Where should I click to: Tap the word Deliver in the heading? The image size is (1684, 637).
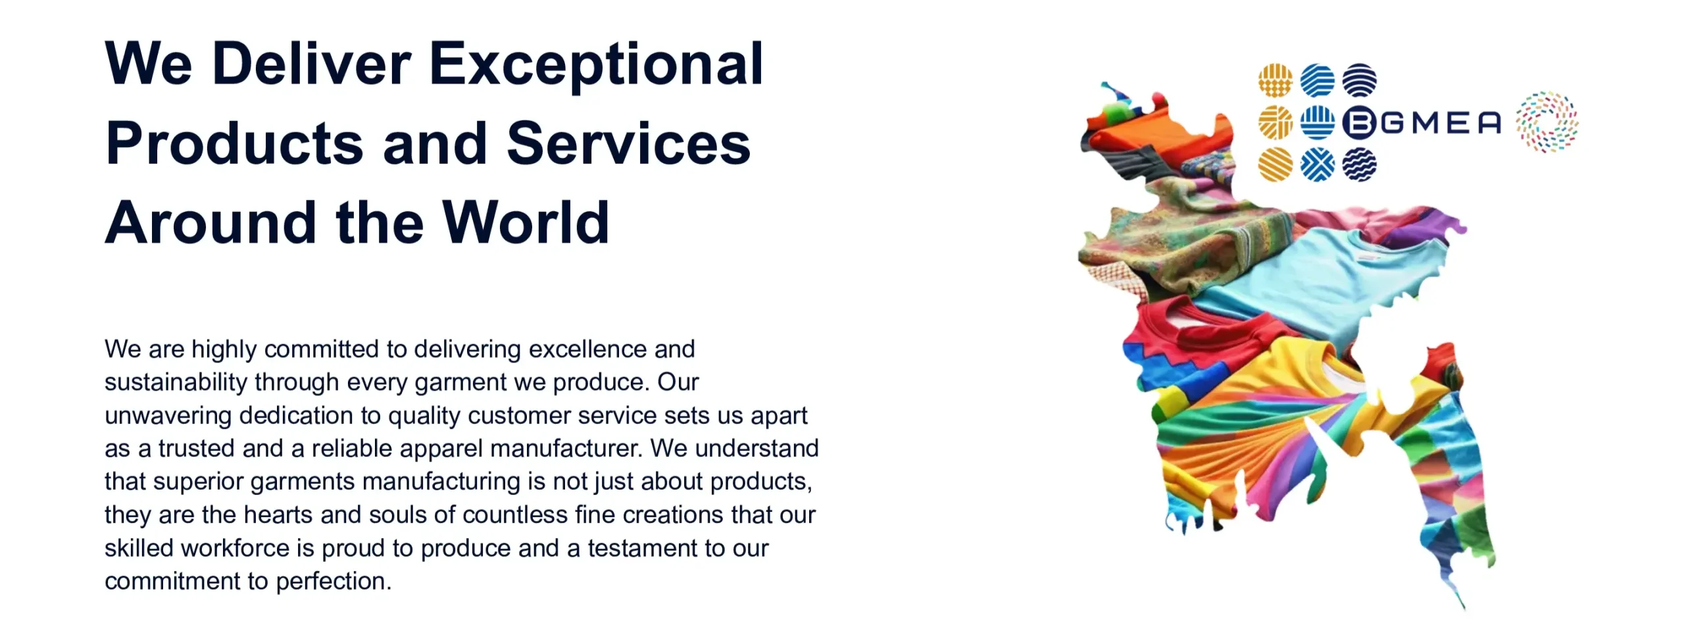pyautogui.click(x=312, y=64)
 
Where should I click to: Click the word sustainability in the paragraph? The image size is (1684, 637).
pyautogui.click(x=176, y=382)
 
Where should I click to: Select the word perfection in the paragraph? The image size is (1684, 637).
pyautogui.click(x=334, y=582)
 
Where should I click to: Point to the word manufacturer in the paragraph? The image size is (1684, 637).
pyautogui.click(x=566, y=448)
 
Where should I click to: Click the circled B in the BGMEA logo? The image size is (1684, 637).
pyautogui.click(x=1359, y=122)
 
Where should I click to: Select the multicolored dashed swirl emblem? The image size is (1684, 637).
pyautogui.click(x=1547, y=122)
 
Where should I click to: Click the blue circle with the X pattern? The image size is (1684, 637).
pyautogui.click(x=1318, y=164)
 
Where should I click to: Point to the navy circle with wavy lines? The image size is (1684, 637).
pyautogui.click(x=1359, y=164)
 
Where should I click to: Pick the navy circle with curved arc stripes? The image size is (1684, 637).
pyautogui.click(x=1359, y=80)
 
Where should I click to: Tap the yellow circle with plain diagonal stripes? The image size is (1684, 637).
pyautogui.click(x=1275, y=164)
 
